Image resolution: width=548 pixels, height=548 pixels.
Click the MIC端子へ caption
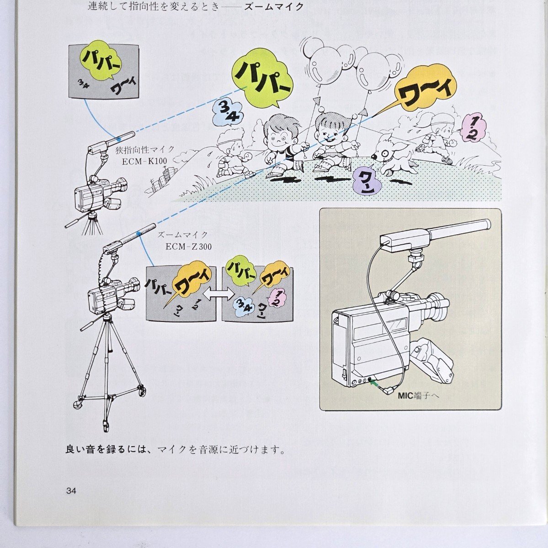[x=418, y=396]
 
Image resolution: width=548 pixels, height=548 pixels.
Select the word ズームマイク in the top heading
[x=274, y=7]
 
